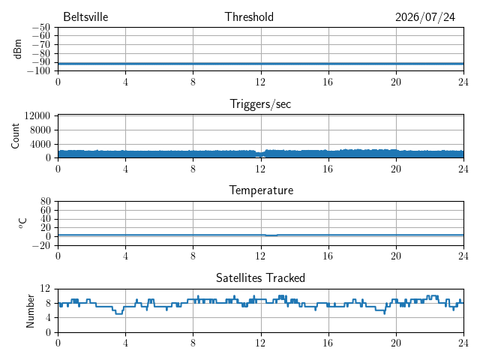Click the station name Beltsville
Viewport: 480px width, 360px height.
85,16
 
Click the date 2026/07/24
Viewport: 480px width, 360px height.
425,17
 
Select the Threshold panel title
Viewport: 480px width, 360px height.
249,16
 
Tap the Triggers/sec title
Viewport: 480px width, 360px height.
260,104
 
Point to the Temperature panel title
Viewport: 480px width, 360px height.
261,190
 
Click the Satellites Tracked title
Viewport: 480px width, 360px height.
260,277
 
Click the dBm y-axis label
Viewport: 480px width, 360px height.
18,49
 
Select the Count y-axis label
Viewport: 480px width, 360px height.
15,136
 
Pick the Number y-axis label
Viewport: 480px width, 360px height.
30,311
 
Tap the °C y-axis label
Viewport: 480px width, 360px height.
22,223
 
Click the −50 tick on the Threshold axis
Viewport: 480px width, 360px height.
41,28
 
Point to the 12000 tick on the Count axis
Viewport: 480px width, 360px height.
37,115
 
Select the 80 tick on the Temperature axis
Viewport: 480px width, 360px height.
45,202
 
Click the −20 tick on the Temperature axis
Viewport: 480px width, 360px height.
41,245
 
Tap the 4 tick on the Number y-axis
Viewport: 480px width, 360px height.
48,318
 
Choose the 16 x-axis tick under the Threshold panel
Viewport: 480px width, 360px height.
328,82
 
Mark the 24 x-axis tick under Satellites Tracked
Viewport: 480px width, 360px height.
463,343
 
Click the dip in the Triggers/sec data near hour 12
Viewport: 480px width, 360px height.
260,154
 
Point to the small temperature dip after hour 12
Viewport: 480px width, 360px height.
271,235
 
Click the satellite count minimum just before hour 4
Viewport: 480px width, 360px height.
119,313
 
